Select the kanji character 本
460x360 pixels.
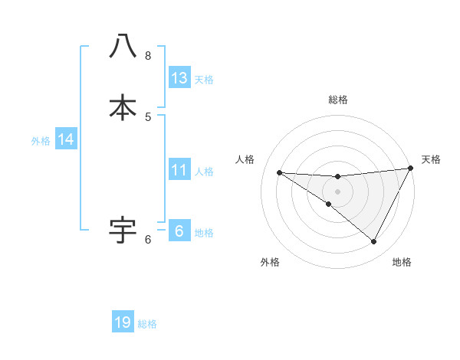(x=123, y=107)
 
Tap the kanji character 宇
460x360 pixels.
(x=123, y=228)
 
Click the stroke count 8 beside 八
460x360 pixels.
(x=148, y=55)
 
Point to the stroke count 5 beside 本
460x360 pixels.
(x=148, y=116)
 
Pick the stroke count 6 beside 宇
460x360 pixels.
(x=148, y=239)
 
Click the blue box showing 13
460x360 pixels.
(x=179, y=77)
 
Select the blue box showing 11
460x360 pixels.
(x=179, y=170)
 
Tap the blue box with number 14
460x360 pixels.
(x=66, y=139)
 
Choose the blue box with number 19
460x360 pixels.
(x=123, y=322)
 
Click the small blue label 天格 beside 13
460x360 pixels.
(x=204, y=79)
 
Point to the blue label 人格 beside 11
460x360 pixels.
(x=204, y=172)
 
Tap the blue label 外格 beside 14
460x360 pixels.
(x=41, y=141)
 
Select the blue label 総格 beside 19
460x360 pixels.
(x=147, y=324)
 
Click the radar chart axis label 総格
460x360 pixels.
(x=338, y=100)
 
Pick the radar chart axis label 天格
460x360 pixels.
(x=431, y=159)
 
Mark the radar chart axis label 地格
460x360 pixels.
(x=402, y=262)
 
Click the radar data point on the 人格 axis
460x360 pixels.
(x=279, y=172)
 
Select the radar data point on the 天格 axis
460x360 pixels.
(x=411, y=169)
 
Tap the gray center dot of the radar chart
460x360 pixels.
(x=337, y=191)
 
